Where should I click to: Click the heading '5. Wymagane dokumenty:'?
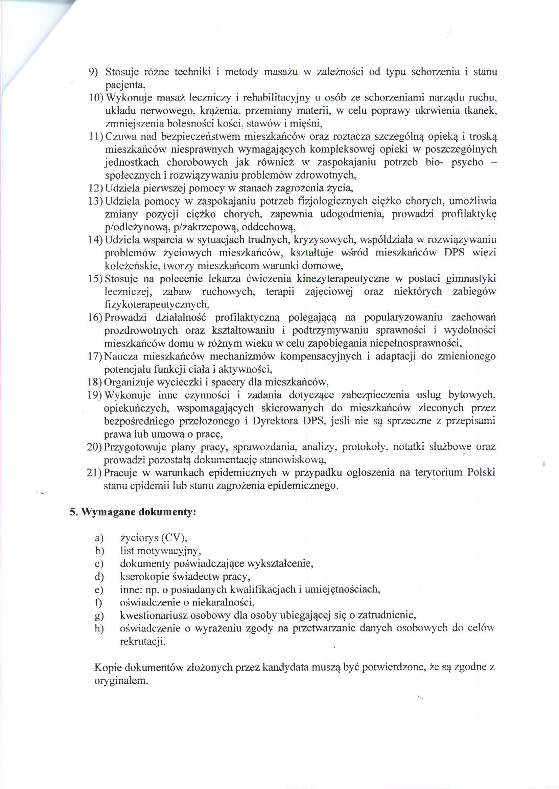coord(133,512)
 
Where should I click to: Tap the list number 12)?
coord(96,188)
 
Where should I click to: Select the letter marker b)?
coord(99,551)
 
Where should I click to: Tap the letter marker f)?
coord(99,602)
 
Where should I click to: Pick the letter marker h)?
coord(99,628)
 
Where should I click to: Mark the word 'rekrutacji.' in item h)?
coord(143,641)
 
